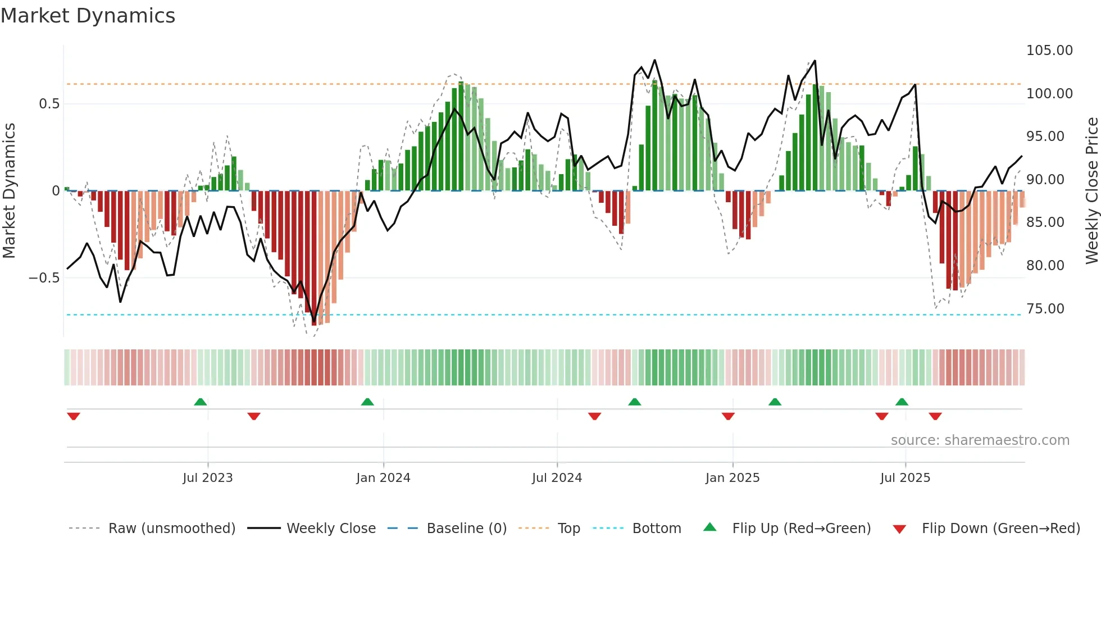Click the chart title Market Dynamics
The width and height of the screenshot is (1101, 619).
click(88, 16)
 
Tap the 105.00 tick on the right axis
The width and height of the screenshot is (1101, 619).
click(1049, 51)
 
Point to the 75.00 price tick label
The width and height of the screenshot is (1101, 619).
click(1045, 309)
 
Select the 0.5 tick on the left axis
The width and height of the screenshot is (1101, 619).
click(49, 104)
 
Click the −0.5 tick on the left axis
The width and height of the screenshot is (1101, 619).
click(44, 278)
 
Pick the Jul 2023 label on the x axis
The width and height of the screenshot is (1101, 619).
click(207, 478)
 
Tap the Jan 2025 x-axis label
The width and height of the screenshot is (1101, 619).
click(732, 478)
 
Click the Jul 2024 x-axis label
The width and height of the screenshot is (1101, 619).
click(557, 478)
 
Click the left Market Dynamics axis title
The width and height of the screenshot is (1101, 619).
click(9, 191)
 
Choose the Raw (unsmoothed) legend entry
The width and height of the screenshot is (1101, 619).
click(171, 529)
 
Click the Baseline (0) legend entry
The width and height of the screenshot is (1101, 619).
click(466, 529)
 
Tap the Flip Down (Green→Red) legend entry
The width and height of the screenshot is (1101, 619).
click(1000, 529)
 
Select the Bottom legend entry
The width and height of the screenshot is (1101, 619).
click(656, 529)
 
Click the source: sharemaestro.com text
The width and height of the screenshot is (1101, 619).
click(980, 440)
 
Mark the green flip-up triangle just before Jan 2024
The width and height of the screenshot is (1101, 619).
click(367, 402)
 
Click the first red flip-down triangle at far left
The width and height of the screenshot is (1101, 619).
click(74, 416)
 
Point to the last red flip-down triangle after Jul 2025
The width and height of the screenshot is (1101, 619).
click(935, 416)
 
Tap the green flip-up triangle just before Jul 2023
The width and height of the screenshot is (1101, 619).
click(200, 402)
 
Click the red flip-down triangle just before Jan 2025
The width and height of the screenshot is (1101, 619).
click(728, 416)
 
